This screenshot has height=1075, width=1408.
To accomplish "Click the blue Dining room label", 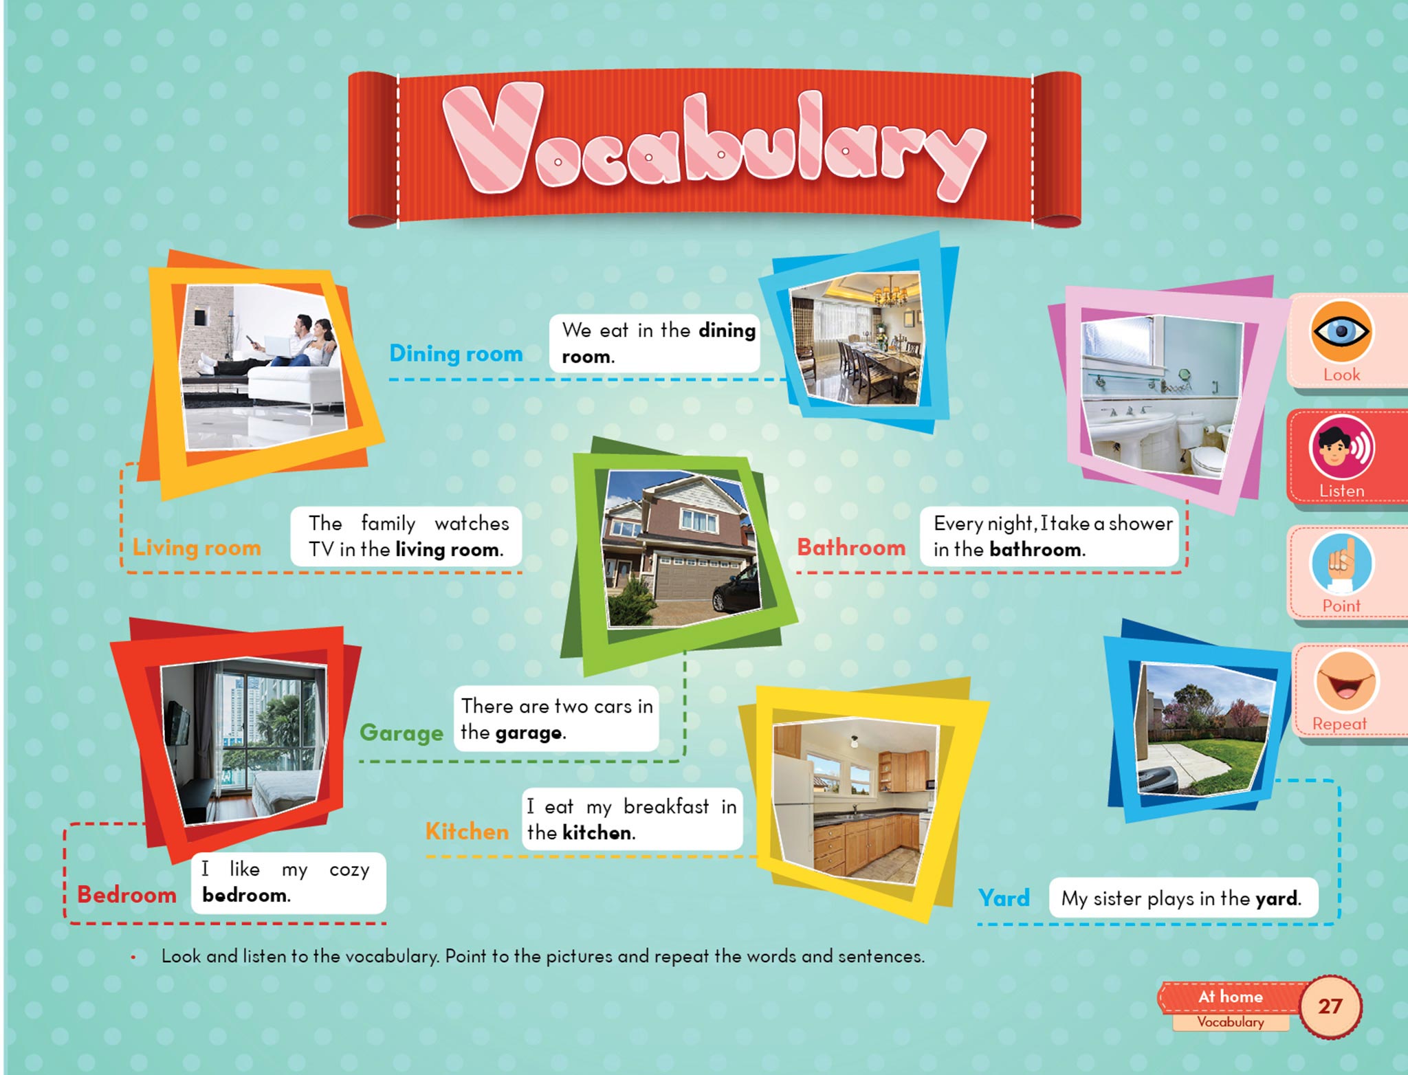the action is click(x=456, y=353).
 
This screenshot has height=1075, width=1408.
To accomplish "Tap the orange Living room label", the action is click(x=197, y=548).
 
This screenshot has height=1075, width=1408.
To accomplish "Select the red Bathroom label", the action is click(x=851, y=547).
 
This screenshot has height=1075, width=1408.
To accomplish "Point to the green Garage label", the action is click(x=401, y=733).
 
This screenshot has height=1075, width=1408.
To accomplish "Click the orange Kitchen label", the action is click(x=467, y=832).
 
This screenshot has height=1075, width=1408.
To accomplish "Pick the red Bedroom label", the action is click(x=126, y=895).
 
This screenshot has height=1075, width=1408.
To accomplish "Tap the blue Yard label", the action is click(x=1004, y=898).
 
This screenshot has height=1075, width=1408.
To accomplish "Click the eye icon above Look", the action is click(x=1341, y=331).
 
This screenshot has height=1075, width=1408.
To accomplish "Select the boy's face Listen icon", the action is click(x=1341, y=447).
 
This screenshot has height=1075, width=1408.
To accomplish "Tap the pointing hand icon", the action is click(x=1341, y=564).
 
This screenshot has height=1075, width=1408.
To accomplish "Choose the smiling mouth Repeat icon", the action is click(x=1345, y=682).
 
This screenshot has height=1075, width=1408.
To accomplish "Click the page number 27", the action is click(x=1330, y=1006).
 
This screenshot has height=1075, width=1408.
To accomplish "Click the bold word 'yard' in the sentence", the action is click(x=1277, y=899).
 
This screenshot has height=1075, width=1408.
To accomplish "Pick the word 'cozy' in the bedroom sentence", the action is click(x=349, y=870).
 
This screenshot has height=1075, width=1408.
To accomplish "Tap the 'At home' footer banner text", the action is click(x=1231, y=997).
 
